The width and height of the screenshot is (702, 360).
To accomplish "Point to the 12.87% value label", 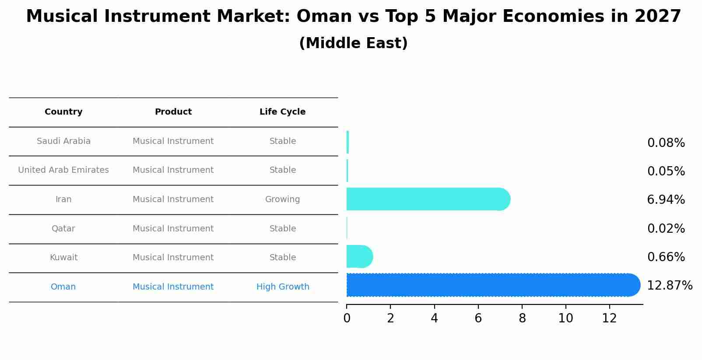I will (x=669, y=286).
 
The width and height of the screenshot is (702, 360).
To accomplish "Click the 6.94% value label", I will (x=666, y=200).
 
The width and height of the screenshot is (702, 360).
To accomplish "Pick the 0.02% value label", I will (x=666, y=229).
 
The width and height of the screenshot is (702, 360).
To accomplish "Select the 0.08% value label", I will (x=666, y=143).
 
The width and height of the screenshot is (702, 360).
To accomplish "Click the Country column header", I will (x=63, y=112).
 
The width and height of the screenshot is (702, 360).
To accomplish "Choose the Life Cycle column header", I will (x=282, y=112).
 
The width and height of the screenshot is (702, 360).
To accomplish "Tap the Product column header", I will (x=173, y=112).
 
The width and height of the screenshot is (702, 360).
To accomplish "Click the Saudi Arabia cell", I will (x=63, y=141).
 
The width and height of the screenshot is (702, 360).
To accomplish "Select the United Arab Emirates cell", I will (x=63, y=170).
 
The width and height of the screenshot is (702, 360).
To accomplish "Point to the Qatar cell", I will (x=63, y=229).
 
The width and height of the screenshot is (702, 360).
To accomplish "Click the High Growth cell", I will (x=283, y=287).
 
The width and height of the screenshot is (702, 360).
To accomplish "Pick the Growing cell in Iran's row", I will (x=282, y=199).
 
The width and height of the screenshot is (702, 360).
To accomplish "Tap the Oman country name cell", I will (x=63, y=287).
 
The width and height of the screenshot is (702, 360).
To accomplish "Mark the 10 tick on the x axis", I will (x=565, y=318).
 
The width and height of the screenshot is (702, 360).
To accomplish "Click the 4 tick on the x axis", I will (x=434, y=318).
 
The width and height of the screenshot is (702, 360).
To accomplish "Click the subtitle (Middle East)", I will (x=353, y=43).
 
